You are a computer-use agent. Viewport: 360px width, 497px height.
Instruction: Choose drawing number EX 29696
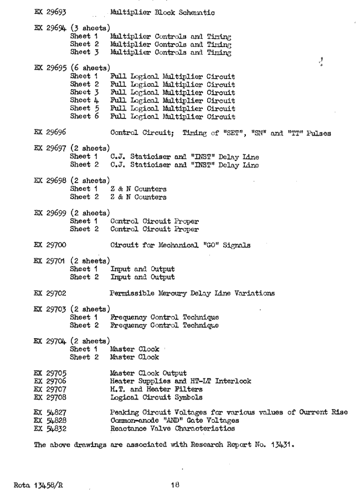[50, 133]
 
